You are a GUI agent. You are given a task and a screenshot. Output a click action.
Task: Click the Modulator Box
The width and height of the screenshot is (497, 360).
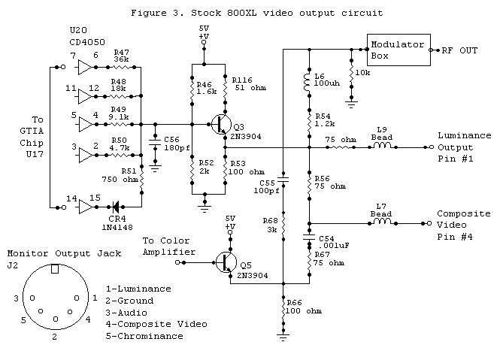397,50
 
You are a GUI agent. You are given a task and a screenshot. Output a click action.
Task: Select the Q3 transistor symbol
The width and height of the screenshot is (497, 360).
220,124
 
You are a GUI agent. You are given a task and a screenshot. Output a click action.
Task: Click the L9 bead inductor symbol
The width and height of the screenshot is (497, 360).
382,147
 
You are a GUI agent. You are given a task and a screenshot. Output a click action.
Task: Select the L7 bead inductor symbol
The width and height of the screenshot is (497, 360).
382,222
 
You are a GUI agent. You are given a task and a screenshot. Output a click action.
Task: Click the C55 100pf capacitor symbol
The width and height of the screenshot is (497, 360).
283,180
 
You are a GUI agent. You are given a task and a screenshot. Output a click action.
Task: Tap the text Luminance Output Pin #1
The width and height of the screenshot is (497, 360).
463,147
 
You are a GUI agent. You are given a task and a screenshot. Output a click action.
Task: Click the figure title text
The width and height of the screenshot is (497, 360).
256,13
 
